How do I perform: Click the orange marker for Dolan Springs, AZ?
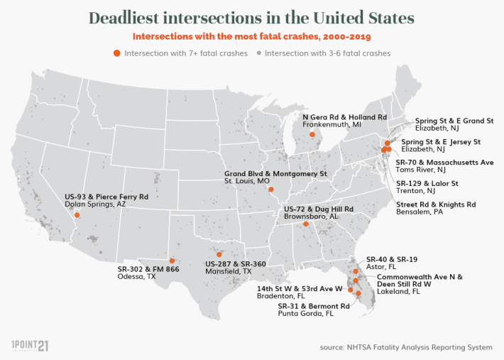coord(77,214)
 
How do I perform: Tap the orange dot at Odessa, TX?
coord(172,261)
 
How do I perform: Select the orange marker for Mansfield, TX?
coord(219,254)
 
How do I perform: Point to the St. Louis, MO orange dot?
coord(270,190)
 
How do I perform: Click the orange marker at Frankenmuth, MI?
coord(317,133)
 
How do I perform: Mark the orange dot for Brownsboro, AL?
coord(306,224)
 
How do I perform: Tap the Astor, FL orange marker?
coord(356,271)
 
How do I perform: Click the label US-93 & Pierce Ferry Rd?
coord(106,196)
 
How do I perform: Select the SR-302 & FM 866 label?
coord(148,270)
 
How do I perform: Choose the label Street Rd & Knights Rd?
coord(435,204)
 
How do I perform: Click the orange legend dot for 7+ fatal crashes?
coord(117,53)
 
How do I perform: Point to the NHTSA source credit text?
coord(405,347)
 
